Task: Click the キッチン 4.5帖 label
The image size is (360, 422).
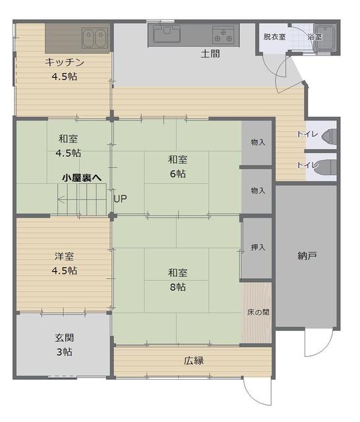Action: pos(65,69)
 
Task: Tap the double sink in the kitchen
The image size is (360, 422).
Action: pos(95,38)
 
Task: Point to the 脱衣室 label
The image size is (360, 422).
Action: pos(274,37)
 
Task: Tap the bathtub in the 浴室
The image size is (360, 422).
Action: pos(324,38)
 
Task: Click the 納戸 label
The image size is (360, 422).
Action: pos(307,255)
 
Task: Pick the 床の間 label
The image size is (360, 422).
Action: pos(258,312)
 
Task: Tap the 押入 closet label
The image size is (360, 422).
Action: pos(258,248)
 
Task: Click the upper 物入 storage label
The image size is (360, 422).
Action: pos(258,142)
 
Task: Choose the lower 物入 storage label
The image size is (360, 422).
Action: pos(258,191)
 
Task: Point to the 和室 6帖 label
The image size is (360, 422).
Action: pos(177,166)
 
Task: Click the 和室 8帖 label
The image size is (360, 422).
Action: pos(177,280)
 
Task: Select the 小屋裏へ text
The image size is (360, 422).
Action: pos(82,178)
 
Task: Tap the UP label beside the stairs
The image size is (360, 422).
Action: pos(120,198)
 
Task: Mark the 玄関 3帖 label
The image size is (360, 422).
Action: pos(64,345)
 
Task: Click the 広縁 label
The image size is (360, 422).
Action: pos(193,361)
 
